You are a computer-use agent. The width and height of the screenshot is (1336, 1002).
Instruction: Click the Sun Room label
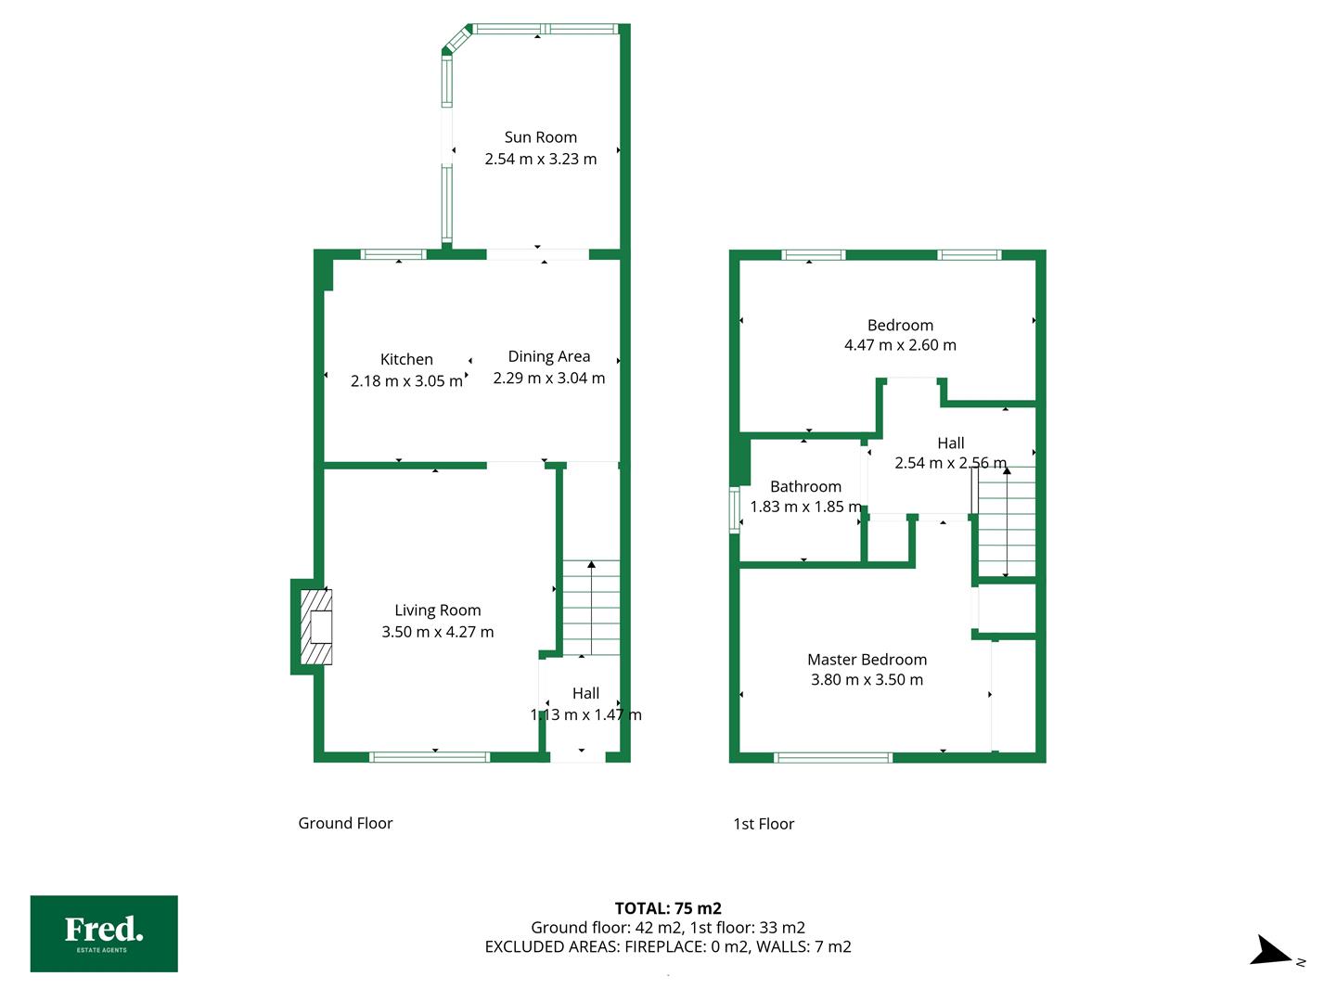click(x=540, y=137)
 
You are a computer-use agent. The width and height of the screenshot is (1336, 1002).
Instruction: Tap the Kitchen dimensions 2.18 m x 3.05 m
click(x=406, y=381)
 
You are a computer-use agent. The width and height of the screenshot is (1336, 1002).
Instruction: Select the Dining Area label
click(x=548, y=356)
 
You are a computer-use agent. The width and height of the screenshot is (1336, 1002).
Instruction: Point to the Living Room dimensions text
click(x=437, y=632)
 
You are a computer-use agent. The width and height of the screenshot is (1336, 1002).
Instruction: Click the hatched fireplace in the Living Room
click(x=315, y=626)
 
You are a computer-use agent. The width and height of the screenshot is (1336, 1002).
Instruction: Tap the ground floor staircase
click(x=590, y=608)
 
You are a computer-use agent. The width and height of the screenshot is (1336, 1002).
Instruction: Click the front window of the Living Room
click(x=430, y=757)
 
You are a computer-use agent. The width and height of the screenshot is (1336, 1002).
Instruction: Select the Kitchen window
click(x=393, y=254)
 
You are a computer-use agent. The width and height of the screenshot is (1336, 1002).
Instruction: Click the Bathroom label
click(x=805, y=487)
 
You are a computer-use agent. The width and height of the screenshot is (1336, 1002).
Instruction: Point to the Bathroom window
click(x=735, y=510)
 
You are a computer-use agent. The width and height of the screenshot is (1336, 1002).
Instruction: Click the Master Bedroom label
click(x=867, y=660)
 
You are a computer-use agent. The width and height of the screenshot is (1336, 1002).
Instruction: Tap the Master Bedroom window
click(x=832, y=757)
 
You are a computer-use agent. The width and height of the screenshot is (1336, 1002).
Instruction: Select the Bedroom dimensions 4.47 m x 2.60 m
click(x=900, y=345)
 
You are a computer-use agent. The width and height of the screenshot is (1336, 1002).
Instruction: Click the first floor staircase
click(x=1006, y=521)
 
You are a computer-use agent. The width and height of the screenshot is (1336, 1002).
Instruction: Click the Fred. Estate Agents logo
click(x=104, y=934)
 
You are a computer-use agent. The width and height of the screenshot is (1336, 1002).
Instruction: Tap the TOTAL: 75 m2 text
click(x=668, y=908)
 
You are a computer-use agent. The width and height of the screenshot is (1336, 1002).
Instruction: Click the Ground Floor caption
click(x=345, y=823)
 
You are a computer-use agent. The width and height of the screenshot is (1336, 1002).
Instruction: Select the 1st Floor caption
click(x=764, y=824)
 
